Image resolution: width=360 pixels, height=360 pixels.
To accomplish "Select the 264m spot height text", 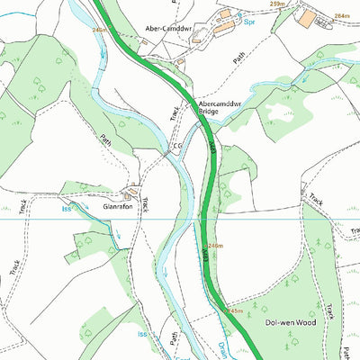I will pyautogui.click(x=340, y=15).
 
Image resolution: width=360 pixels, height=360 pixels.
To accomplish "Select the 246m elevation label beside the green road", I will pyautogui.click(x=215, y=245).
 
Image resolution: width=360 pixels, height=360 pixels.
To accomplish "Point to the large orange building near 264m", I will pyautogui.click(x=308, y=18).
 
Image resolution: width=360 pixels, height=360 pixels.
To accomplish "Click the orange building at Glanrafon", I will pyautogui.click(x=132, y=192).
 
